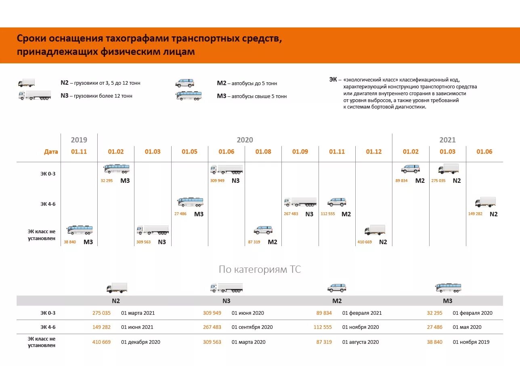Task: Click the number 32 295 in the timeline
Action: point(107,181)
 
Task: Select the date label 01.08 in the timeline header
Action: point(263,152)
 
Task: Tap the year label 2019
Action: point(79,140)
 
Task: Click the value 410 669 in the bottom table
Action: point(101,342)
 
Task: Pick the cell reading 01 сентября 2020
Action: point(252,327)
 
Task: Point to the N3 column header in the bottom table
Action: point(226,301)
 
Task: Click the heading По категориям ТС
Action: point(260,270)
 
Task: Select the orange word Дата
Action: point(51,152)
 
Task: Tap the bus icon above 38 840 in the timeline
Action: point(80,230)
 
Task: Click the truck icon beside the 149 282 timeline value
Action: point(485,202)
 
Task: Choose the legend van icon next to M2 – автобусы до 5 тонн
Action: point(185,83)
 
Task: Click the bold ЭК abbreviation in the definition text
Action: point(333,79)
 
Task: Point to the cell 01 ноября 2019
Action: point(471,342)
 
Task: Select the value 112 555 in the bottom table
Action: point(323,327)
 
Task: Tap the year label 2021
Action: point(447,140)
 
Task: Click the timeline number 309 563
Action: point(143,242)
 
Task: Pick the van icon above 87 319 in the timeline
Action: point(263,230)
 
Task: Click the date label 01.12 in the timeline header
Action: point(373,152)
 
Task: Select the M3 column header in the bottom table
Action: point(447,301)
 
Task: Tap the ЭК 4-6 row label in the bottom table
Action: point(48,327)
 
